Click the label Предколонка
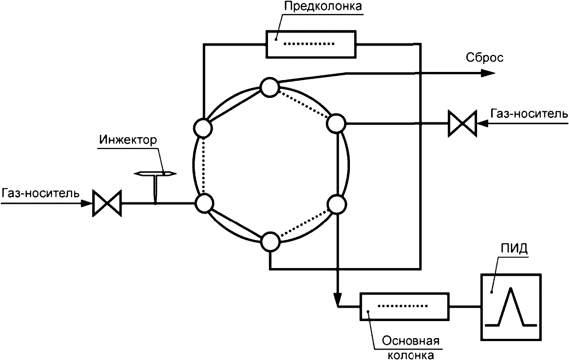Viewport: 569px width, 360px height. [x=323, y=7]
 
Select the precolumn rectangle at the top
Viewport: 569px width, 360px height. [x=311, y=44]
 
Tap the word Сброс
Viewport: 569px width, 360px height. [x=484, y=58]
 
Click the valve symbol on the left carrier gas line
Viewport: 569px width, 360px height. [x=107, y=204]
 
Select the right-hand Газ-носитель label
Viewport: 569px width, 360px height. [x=529, y=113]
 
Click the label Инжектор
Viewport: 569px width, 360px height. [x=128, y=140]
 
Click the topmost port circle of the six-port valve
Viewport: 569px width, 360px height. [x=270, y=87]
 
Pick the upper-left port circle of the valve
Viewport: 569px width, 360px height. [x=203, y=128]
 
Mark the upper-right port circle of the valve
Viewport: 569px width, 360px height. [x=336, y=123]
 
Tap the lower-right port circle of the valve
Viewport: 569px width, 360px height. [x=337, y=204]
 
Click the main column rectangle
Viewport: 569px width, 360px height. [x=405, y=307]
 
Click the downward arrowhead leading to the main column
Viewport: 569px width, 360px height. [x=337, y=298]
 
